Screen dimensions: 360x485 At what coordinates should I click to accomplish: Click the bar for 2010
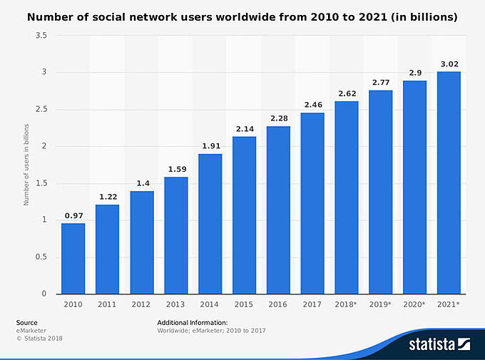tap(73, 259)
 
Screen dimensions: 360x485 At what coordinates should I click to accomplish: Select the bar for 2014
tap(210, 224)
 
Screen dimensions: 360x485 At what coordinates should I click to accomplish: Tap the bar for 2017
tap(312, 203)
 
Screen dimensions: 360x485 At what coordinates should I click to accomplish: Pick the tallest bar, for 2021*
tap(449, 182)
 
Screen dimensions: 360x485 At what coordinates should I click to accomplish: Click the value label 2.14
tap(244, 129)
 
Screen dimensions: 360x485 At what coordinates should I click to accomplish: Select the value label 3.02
tap(449, 64)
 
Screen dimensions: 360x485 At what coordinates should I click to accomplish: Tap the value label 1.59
tap(175, 170)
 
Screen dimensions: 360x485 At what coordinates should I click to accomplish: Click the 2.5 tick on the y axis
tap(45, 109)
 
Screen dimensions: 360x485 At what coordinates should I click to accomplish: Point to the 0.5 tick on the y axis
tap(45, 257)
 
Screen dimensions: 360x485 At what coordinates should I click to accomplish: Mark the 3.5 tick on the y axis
tap(45, 35)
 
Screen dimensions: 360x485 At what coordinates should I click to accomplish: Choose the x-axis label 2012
tap(141, 304)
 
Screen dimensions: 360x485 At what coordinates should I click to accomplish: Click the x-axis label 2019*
tap(381, 304)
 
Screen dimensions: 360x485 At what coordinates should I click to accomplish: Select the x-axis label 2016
tap(278, 304)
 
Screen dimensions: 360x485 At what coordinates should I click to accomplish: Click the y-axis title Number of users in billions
tap(26, 164)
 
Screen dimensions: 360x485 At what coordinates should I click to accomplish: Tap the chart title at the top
tap(242, 15)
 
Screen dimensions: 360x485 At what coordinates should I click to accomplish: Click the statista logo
tap(439, 345)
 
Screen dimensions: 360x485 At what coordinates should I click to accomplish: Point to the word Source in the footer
tap(27, 323)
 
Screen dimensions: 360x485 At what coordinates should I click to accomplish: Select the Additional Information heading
tap(193, 323)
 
